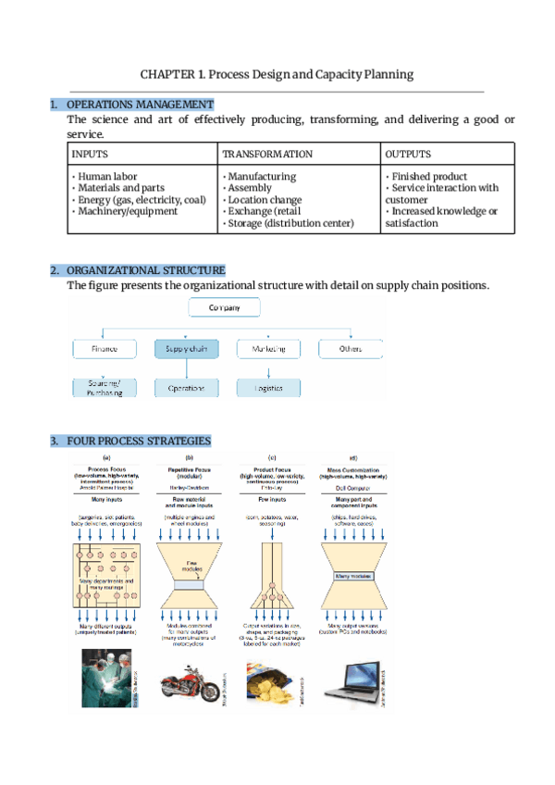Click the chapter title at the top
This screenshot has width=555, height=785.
click(x=277, y=74)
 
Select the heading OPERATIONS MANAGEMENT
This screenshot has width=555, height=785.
click(x=140, y=105)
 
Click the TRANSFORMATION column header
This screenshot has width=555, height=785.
click(x=267, y=155)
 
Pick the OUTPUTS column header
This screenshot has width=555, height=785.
click(x=408, y=155)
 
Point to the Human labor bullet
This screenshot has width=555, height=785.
click(x=107, y=176)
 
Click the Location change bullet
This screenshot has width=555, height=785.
click(x=265, y=199)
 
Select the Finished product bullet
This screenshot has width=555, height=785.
click(x=428, y=176)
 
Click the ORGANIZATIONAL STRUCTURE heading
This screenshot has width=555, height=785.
click(x=145, y=270)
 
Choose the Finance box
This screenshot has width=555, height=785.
click(x=105, y=350)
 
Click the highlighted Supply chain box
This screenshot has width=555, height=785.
click(x=186, y=350)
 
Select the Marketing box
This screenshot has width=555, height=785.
click(x=268, y=350)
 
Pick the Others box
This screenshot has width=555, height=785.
click(x=350, y=350)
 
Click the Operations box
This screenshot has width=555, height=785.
click(x=186, y=389)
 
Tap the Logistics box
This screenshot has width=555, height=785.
click(x=268, y=389)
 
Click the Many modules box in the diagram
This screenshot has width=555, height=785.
click(x=352, y=576)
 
